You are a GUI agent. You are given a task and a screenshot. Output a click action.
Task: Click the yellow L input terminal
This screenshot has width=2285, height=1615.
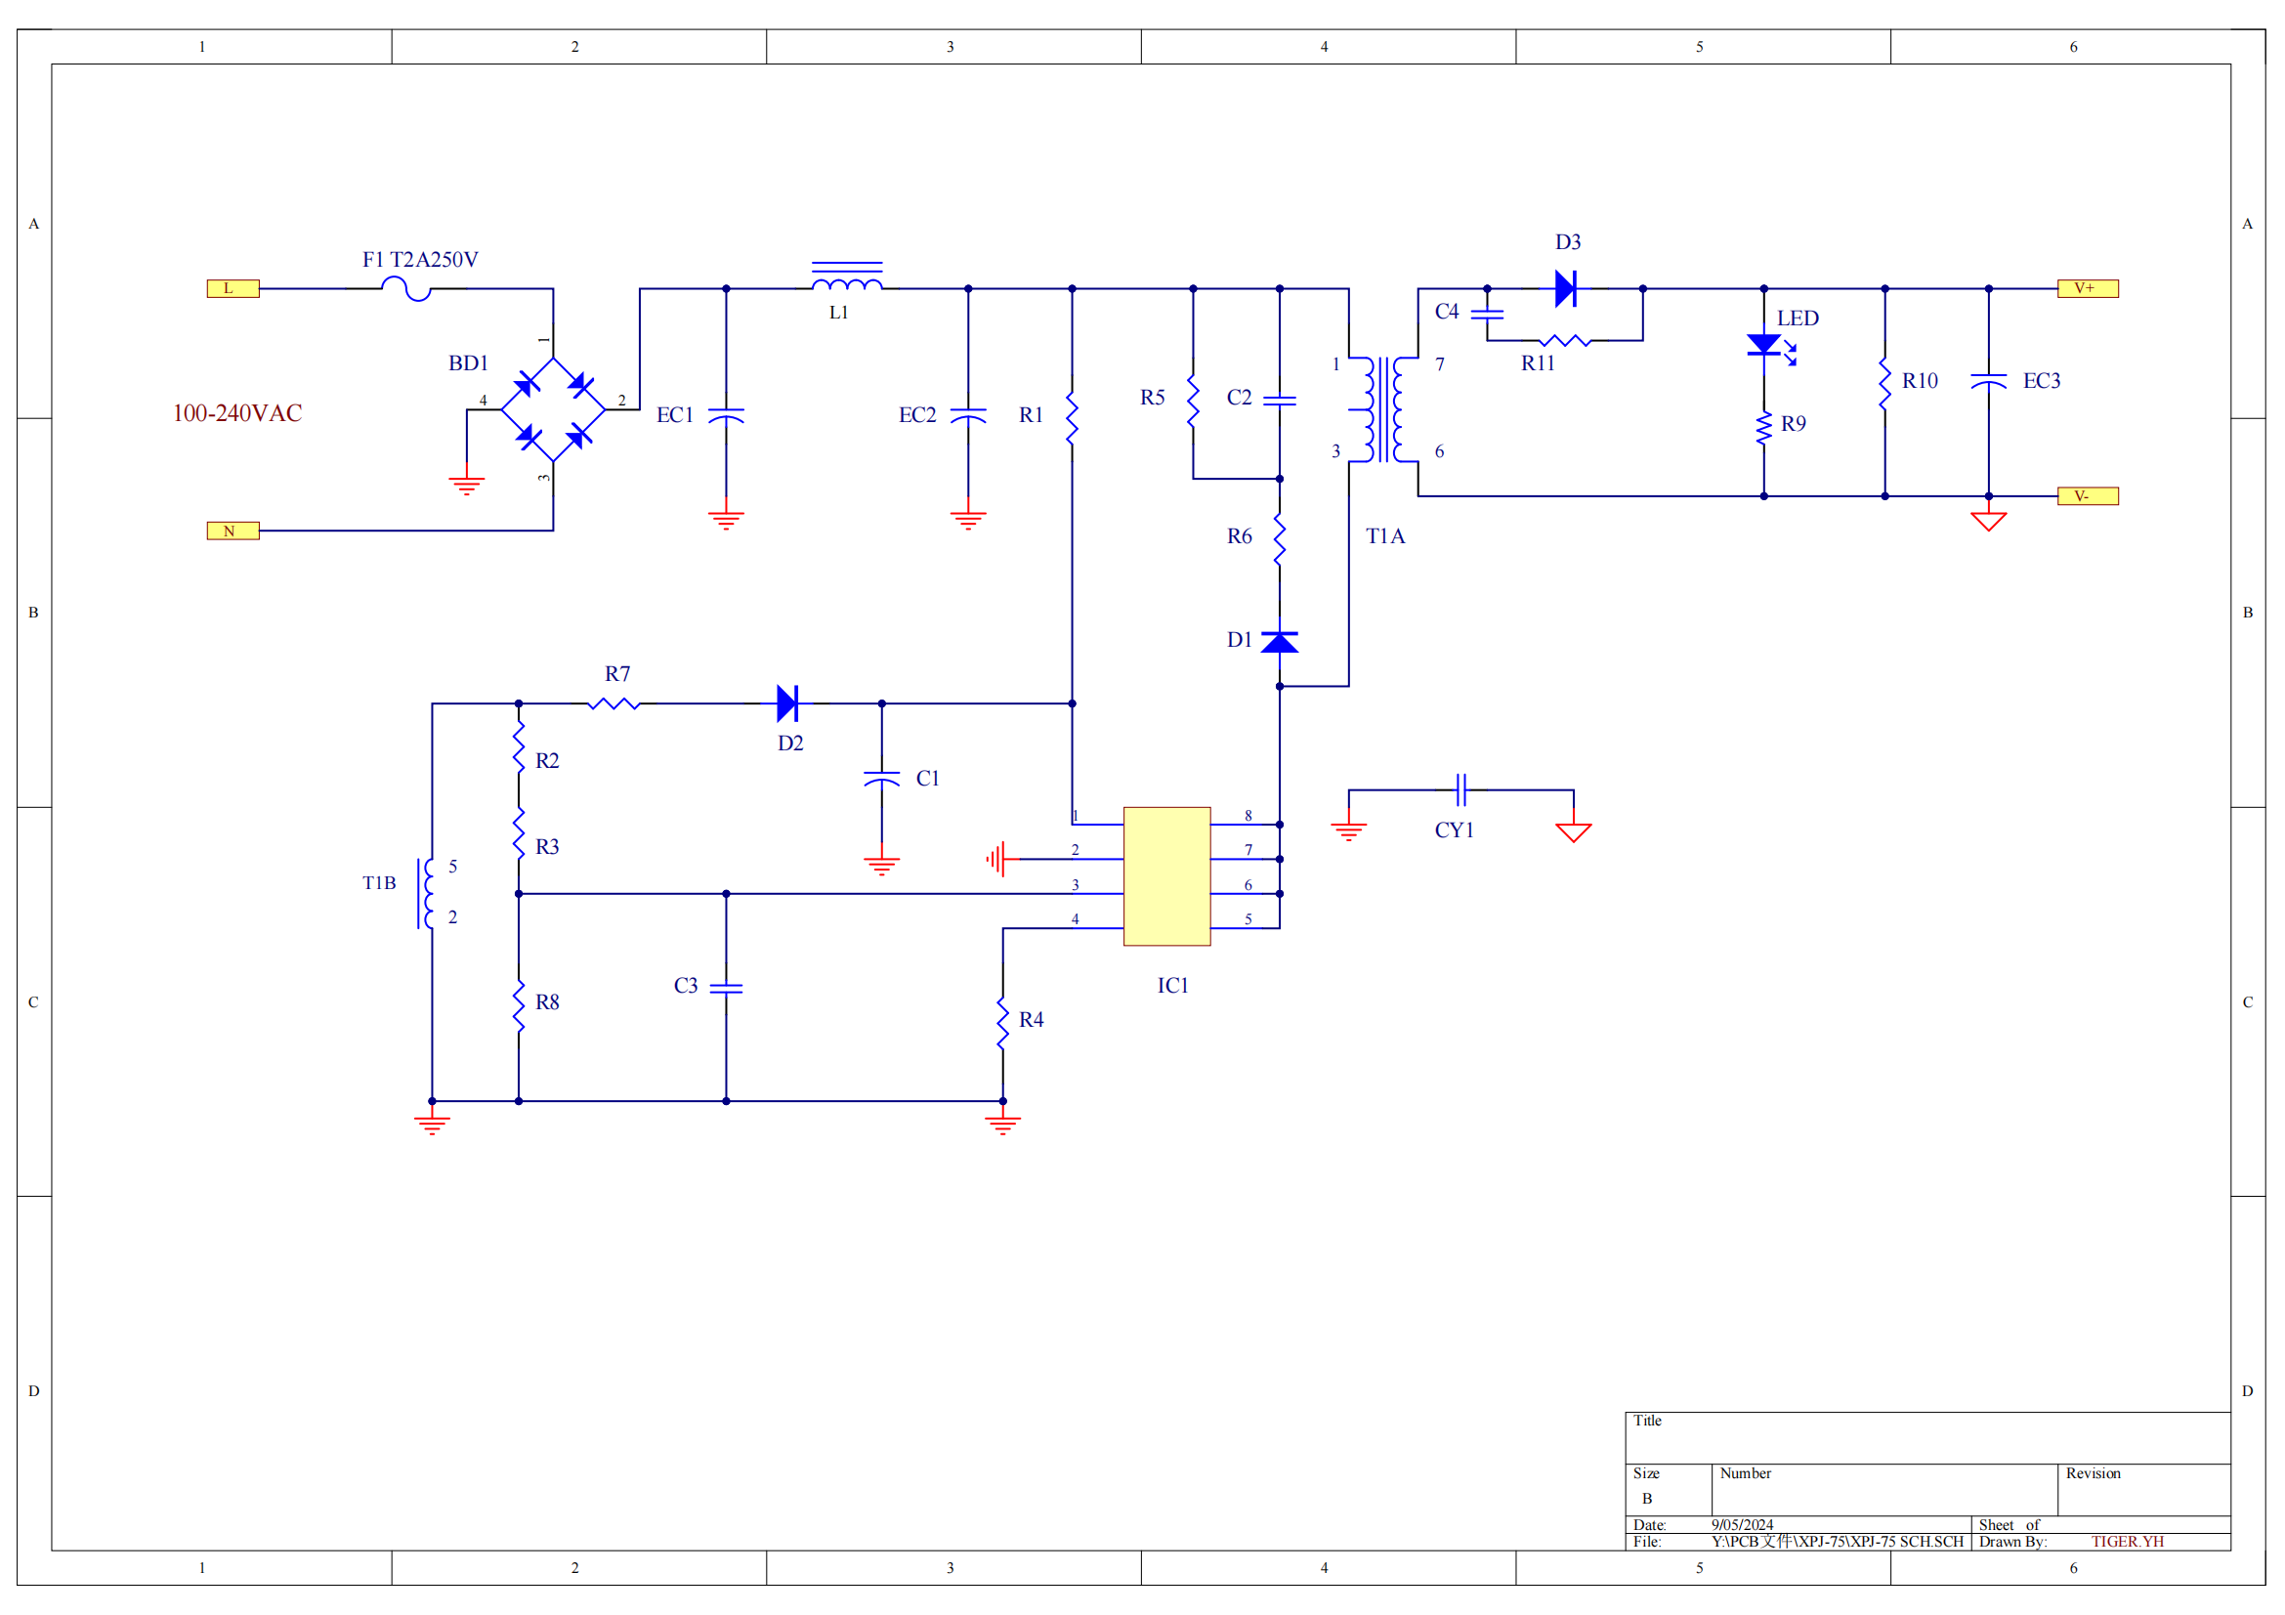click(x=233, y=288)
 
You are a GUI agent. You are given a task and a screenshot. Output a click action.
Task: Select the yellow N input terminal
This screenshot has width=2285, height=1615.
click(x=233, y=531)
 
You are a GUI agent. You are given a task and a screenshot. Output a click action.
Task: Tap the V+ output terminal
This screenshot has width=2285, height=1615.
click(x=2087, y=288)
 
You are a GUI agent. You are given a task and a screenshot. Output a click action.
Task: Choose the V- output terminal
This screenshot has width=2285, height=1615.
click(x=2087, y=495)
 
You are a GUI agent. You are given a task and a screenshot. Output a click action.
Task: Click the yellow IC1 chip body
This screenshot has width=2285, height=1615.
click(x=1166, y=875)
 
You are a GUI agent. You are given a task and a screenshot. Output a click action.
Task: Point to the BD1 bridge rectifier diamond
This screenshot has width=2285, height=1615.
click(x=553, y=409)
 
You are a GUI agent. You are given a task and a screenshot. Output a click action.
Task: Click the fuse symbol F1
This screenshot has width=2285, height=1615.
click(x=406, y=288)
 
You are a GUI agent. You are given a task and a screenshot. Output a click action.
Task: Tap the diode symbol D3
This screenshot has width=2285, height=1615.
click(x=1565, y=288)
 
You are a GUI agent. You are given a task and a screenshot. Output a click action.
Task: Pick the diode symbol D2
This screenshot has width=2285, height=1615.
click(x=787, y=703)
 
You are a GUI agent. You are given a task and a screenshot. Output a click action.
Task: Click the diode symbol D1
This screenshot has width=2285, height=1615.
click(x=1279, y=642)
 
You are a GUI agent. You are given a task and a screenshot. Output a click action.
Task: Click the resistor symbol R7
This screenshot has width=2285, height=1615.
click(x=614, y=703)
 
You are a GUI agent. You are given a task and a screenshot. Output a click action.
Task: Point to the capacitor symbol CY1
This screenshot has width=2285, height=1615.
click(x=1460, y=790)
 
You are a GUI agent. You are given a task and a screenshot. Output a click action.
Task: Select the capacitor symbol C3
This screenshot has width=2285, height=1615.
click(x=726, y=988)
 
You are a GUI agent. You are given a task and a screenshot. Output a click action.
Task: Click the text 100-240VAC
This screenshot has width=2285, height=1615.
click(x=236, y=413)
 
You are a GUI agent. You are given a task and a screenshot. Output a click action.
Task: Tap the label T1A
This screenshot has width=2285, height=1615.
click(x=1384, y=536)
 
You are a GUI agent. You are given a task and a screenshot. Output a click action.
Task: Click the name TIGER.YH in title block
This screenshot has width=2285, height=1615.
click(x=2127, y=1542)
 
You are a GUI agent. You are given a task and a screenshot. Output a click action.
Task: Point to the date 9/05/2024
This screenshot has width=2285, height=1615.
click(x=1742, y=1524)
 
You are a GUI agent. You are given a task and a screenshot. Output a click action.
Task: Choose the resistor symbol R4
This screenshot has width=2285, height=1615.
click(x=1002, y=1023)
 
